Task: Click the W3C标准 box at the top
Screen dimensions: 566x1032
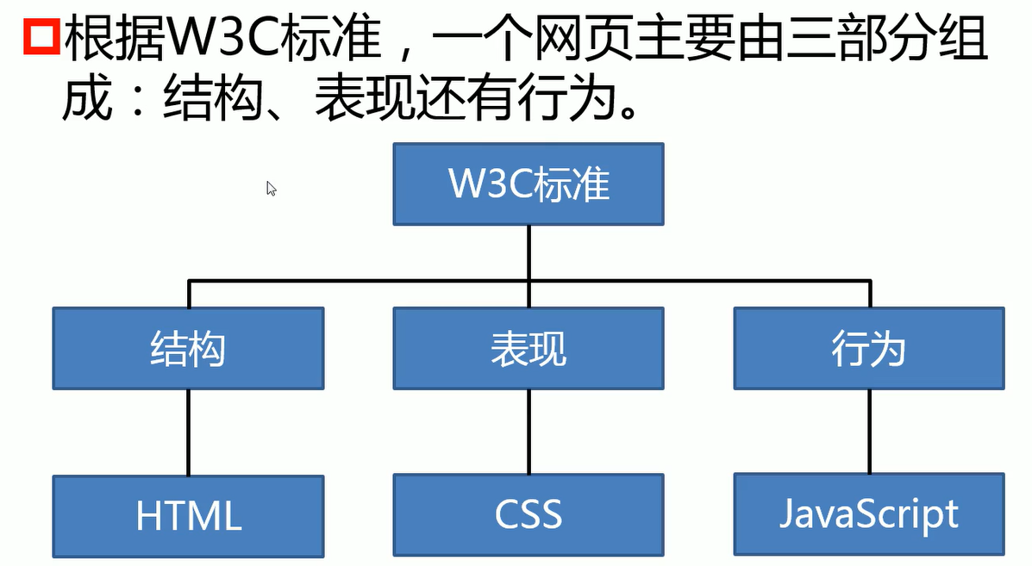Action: tap(529, 184)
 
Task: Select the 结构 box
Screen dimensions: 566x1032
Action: tap(188, 348)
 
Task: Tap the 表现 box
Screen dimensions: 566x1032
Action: tap(529, 348)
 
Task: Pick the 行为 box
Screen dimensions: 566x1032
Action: tap(869, 348)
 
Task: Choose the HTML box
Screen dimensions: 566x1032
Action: tap(188, 515)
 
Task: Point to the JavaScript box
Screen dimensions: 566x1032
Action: tap(869, 513)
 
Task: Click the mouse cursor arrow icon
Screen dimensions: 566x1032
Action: tap(271, 189)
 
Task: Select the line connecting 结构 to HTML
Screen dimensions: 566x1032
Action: tap(188, 431)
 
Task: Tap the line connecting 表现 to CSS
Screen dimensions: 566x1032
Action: tap(529, 431)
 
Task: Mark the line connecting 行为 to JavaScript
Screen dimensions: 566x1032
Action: tap(869, 430)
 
